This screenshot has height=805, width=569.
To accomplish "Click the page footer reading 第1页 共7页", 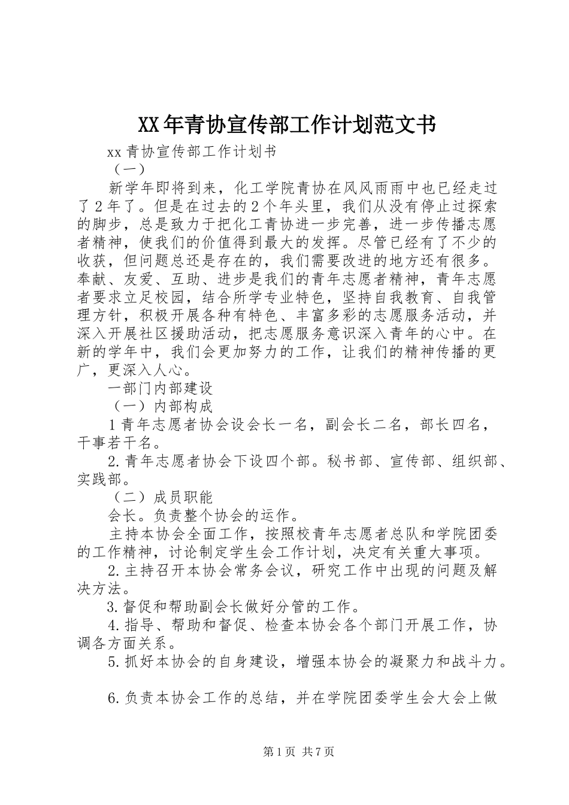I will (x=298, y=752).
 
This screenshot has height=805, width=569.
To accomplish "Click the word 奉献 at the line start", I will (x=92, y=279).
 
